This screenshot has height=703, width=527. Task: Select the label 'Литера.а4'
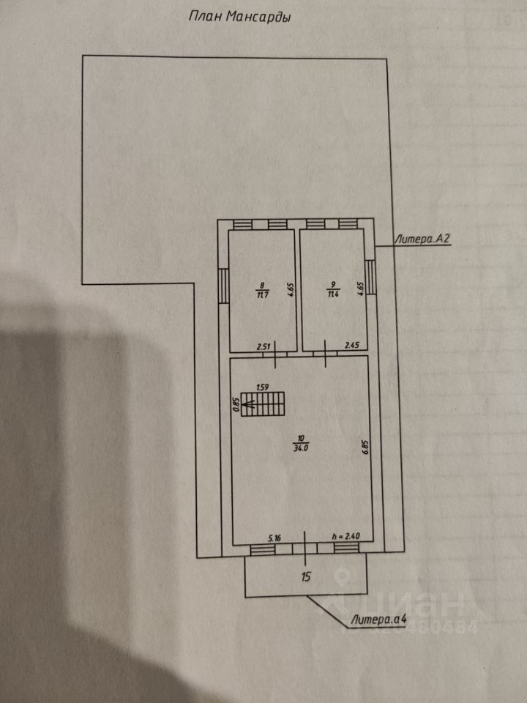click(x=378, y=620)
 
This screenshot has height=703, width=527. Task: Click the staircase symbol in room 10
click(x=263, y=403)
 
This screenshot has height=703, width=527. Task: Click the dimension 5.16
click(x=274, y=538)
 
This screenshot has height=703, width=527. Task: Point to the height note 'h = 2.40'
click(x=345, y=538)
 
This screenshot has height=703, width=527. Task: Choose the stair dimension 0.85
click(x=236, y=405)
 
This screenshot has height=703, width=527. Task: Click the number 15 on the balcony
click(x=307, y=576)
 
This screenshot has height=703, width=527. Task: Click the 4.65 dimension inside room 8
click(x=290, y=288)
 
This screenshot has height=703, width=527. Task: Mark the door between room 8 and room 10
click(x=275, y=354)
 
